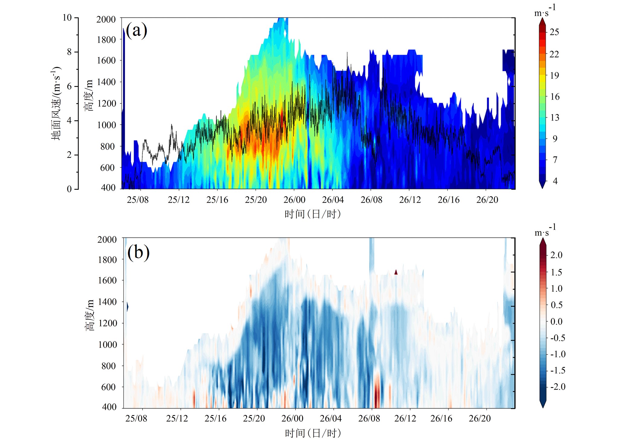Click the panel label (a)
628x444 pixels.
click(136, 31)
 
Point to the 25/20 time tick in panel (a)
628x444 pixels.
click(256, 200)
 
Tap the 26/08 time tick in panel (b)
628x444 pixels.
click(369, 418)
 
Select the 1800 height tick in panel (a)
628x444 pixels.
click(106, 40)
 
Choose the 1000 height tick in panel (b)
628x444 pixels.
click(107, 344)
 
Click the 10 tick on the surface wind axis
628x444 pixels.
click(67, 17)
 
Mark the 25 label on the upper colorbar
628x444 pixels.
click(554, 32)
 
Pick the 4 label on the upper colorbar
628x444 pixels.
click(555, 181)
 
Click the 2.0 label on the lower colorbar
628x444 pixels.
click(556, 255)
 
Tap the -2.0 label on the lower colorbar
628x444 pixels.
click(557, 387)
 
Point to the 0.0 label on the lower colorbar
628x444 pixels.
click(556, 322)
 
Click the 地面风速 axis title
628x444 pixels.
click(56, 103)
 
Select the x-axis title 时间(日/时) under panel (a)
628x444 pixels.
click(312, 214)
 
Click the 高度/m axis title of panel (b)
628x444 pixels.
click(90, 315)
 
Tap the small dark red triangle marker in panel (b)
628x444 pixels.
click(396, 272)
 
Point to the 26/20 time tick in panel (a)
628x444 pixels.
click(487, 200)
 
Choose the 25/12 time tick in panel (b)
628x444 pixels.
click(177, 418)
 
